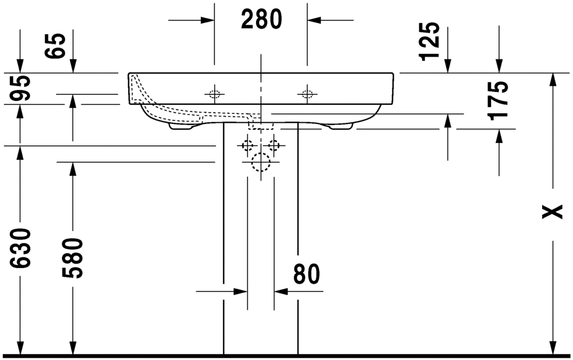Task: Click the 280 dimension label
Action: click(261, 20)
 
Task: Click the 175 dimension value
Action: click(498, 100)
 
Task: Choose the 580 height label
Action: click(73, 258)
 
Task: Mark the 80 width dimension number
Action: click(306, 274)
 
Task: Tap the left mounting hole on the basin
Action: click(214, 94)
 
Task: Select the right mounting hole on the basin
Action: click(307, 94)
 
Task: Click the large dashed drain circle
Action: click(261, 163)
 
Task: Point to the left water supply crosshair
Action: click(247, 146)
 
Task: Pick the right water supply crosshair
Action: click(274, 146)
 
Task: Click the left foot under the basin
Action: click(181, 127)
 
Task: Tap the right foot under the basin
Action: click(341, 127)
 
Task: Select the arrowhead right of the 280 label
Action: click(313, 21)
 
